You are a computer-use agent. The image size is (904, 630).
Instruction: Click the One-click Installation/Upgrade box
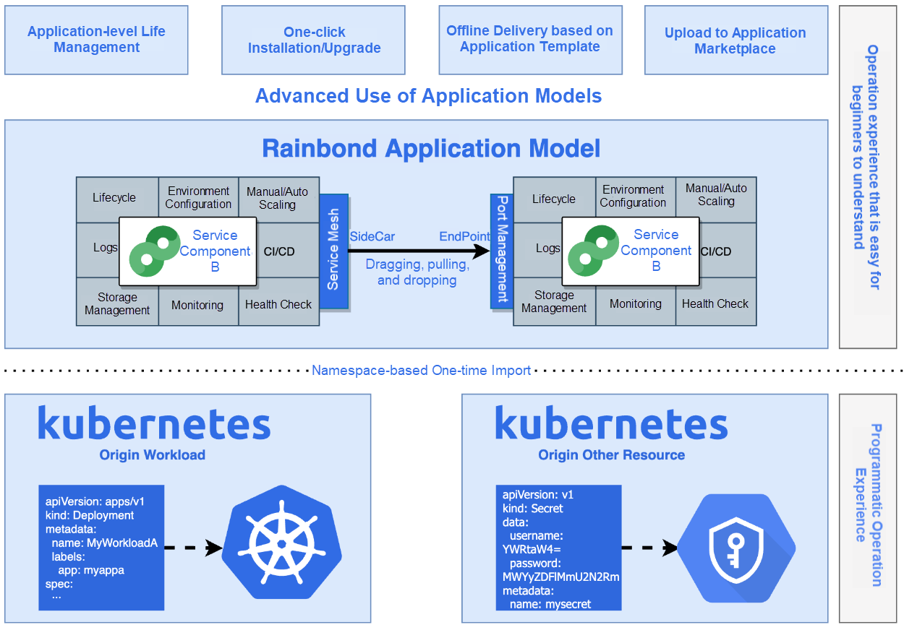(313, 40)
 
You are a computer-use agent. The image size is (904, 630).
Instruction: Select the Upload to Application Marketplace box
(735, 40)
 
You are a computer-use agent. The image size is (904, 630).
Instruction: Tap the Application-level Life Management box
(96, 40)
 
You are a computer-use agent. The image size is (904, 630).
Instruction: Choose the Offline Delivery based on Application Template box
(530, 40)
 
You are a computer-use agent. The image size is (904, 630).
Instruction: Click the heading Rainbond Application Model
(431, 149)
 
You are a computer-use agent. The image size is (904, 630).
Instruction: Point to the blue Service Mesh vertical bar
(333, 251)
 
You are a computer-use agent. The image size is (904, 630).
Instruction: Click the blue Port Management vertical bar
(501, 251)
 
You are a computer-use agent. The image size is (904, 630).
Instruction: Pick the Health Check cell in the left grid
(278, 305)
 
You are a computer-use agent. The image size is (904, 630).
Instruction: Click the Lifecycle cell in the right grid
(554, 199)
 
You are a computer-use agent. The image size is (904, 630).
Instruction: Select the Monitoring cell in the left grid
(197, 305)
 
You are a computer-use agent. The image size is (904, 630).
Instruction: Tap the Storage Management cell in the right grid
(554, 302)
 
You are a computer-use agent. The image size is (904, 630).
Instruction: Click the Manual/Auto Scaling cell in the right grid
(716, 196)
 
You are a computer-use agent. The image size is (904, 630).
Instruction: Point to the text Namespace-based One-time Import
(421, 371)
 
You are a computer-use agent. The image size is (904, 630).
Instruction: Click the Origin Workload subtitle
(153, 455)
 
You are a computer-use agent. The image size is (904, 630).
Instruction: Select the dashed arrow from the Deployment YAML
(192, 548)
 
